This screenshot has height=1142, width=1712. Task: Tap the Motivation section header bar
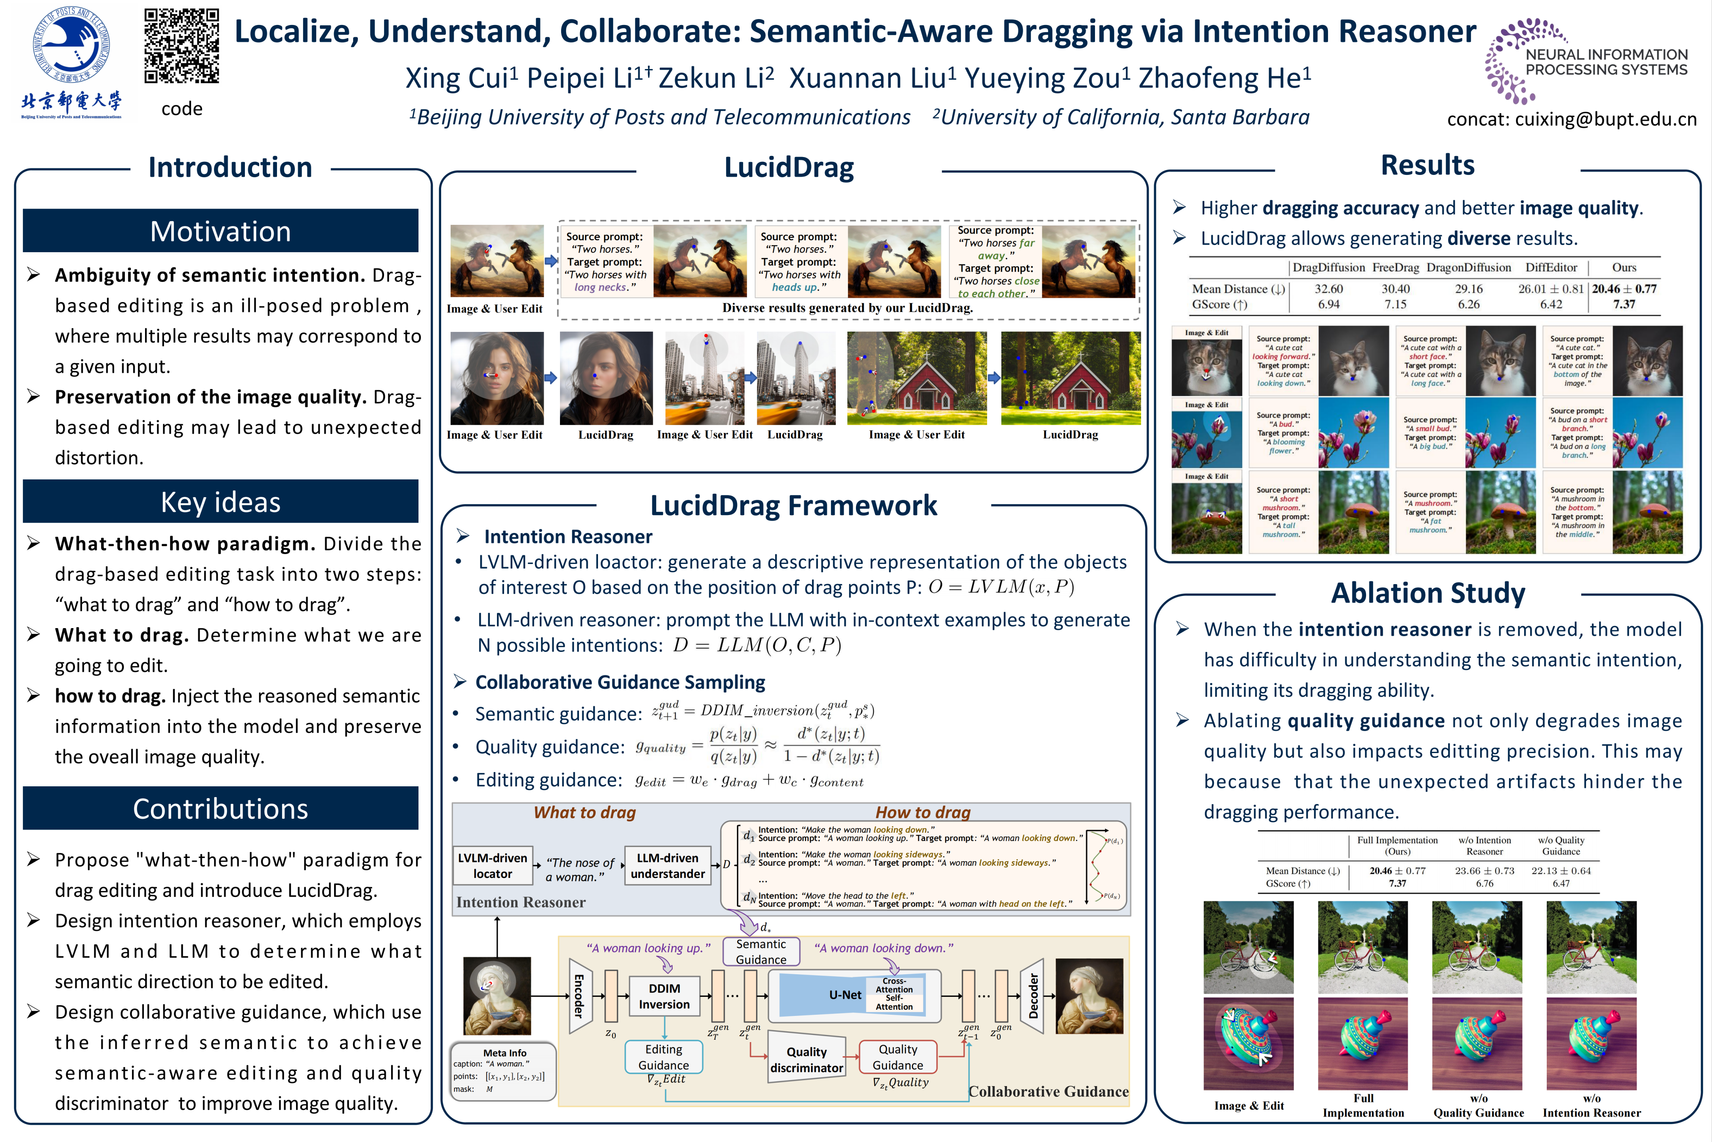pyautogui.click(x=221, y=231)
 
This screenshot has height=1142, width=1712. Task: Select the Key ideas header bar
pyautogui.click(x=221, y=502)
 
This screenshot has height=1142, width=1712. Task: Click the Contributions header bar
pyautogui.click(x=221, y=809)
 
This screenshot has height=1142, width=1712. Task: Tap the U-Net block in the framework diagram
pyautogui.click(x=845, y=995)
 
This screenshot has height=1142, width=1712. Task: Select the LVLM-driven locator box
pyautogui.click(x=493, y=865)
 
